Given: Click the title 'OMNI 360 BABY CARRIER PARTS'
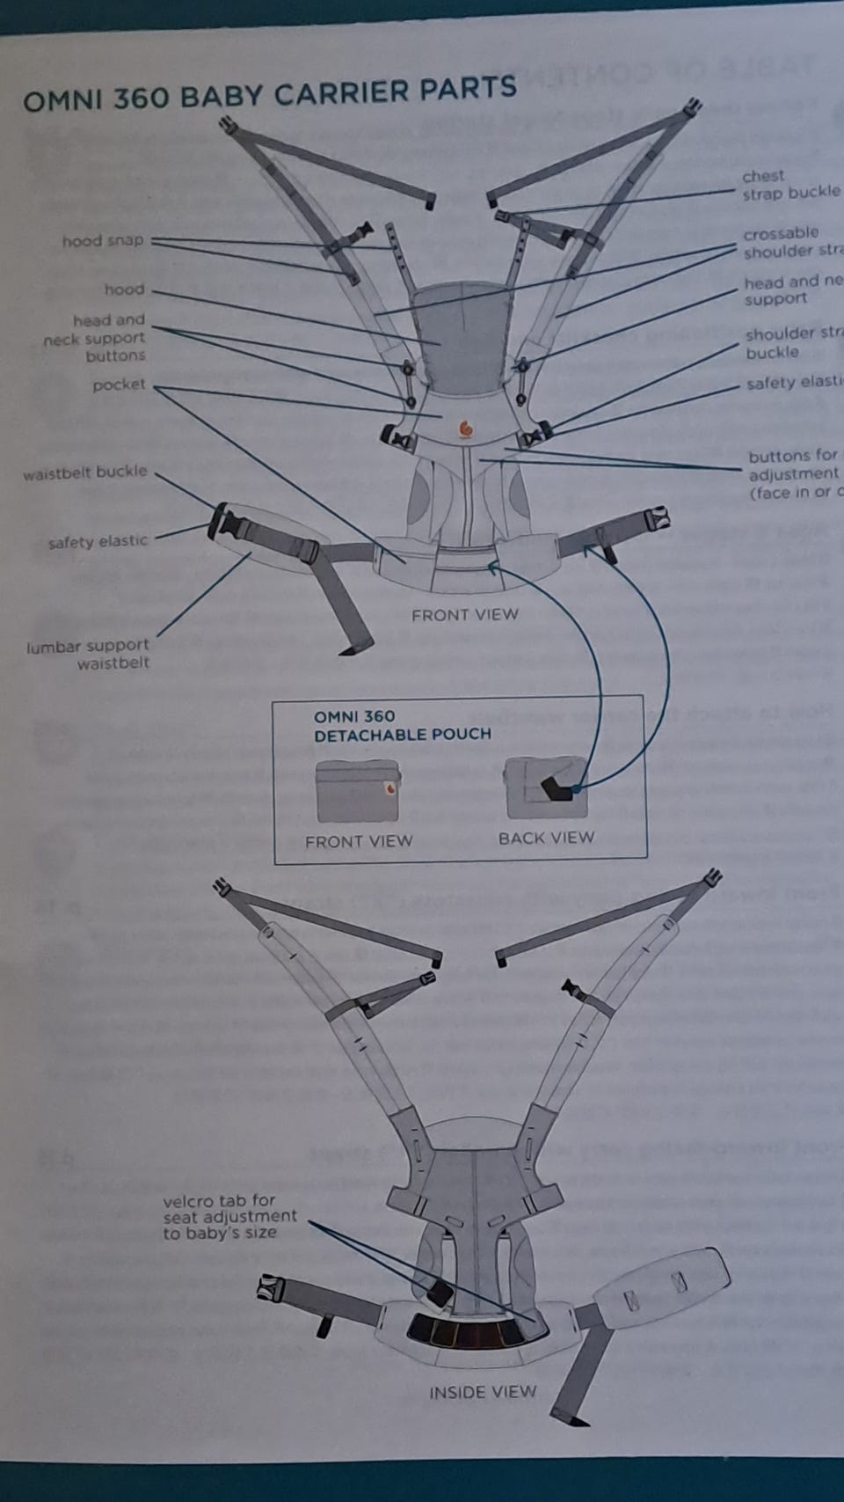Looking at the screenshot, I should click(x=269, y=93).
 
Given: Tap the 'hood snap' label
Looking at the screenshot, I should click(x=102, y=241).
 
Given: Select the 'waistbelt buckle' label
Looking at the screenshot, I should click(x=85, y=473).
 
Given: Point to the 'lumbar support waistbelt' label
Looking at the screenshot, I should click(x=88, y=655).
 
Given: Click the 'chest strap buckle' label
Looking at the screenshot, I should click(x=790, y=185).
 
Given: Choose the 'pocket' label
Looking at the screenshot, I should click(x=119, y=385).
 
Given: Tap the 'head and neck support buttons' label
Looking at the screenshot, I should click(x=95, y=338).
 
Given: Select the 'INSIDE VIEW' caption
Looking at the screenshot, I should click(x=482, y=1392).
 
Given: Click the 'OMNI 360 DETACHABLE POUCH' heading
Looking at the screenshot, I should click(x=402, y=725).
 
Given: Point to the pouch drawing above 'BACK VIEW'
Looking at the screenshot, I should click(x=545, y=787).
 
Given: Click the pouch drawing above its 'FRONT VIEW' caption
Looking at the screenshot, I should click(x=357, y=790).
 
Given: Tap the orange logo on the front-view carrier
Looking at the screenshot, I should click(x=466, y=429).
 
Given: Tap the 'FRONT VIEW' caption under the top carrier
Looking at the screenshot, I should click(x=464, y=614).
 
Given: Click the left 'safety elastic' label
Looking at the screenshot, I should click(x=98, y=542).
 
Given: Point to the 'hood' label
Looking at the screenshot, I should click(x=124, y=289).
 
